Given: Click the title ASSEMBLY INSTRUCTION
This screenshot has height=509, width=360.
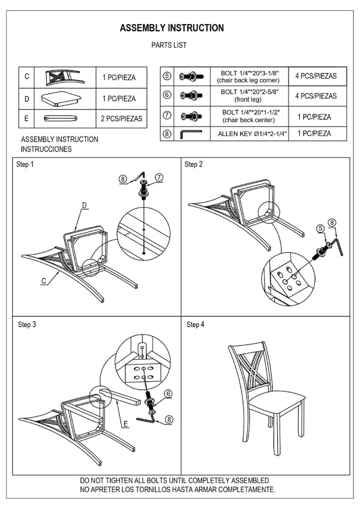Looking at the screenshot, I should click(172, 28).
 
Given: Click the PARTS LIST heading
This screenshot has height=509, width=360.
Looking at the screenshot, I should click(170, 45).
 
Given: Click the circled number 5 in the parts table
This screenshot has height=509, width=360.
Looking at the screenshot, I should click(167, 76).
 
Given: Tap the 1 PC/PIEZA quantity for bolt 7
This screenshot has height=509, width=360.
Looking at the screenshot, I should click(314, 116).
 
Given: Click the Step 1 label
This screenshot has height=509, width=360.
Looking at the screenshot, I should click(25, 164).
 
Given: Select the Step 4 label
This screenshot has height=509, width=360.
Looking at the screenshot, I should click(195, 324).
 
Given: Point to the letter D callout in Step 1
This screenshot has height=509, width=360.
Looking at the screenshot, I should click(85, 205).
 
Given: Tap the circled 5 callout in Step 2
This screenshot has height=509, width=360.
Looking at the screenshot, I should click(321, 228).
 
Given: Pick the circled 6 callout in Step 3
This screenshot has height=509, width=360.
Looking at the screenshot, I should click(169, 393).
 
